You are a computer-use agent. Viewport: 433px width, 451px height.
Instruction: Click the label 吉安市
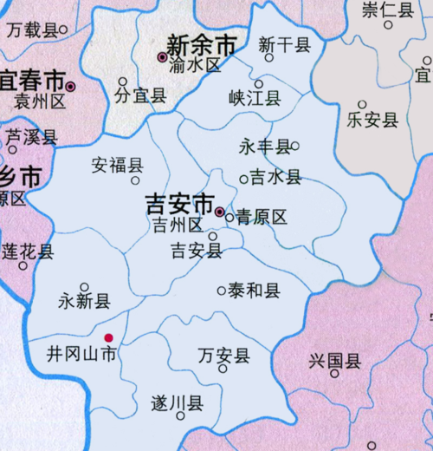pos(179,206)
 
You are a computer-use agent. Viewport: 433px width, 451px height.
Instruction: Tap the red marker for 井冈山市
pos(108,338)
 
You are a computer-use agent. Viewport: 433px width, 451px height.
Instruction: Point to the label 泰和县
pos(255,291)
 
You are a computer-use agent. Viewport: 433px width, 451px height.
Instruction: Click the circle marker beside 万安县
pos(223,369)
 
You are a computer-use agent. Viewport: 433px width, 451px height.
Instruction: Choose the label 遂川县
pos(178,402)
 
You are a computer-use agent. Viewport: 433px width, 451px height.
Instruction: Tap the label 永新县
pos(84,302)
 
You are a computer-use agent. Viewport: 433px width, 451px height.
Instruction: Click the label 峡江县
pos(255,99)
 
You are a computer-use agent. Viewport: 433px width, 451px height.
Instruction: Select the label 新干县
pos(284,43)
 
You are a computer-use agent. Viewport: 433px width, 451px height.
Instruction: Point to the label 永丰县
pos(265,147)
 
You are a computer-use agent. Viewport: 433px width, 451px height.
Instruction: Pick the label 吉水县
pos(276,178)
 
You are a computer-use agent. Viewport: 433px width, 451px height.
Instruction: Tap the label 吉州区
pos(177,226)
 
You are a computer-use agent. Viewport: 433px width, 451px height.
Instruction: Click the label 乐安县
pos(372,120)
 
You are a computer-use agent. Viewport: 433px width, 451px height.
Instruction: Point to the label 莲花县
pos(27,252)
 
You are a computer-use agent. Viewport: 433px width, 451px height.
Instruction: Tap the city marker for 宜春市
pos(71,86)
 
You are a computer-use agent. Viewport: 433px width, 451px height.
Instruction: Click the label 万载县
pos(31,30)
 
